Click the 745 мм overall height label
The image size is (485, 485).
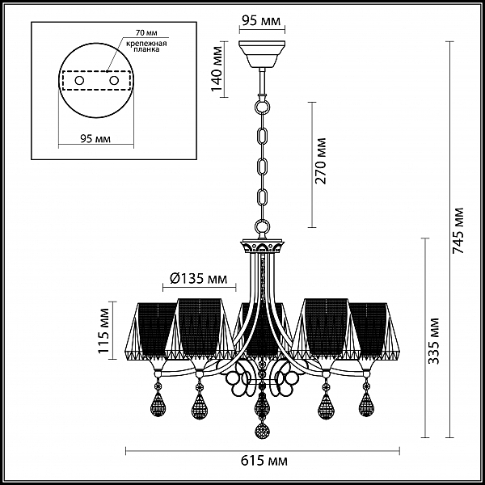[458, 230]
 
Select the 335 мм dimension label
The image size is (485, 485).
[433, 340]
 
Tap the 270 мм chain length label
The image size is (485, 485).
[320, 161]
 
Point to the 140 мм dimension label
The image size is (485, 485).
[217, 69]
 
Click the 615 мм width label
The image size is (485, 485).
[264, 461]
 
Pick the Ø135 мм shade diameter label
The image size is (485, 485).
[198, 279]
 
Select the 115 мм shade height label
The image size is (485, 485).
[104, 331]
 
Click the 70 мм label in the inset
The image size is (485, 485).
[146, 33]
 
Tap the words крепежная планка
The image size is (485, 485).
[146, 46]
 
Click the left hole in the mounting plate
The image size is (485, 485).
[79, 81]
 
